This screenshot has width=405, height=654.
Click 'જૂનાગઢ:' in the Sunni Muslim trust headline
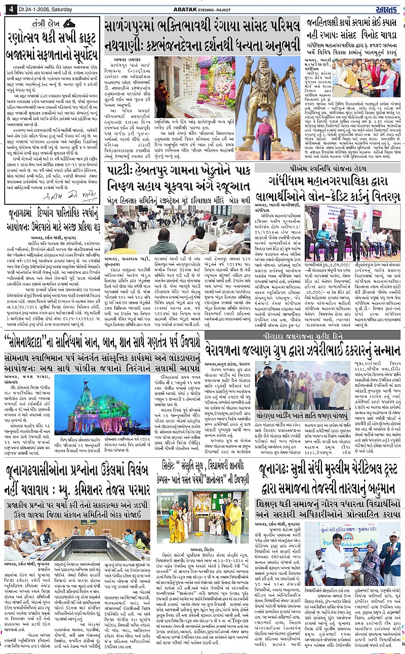[280, 469]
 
